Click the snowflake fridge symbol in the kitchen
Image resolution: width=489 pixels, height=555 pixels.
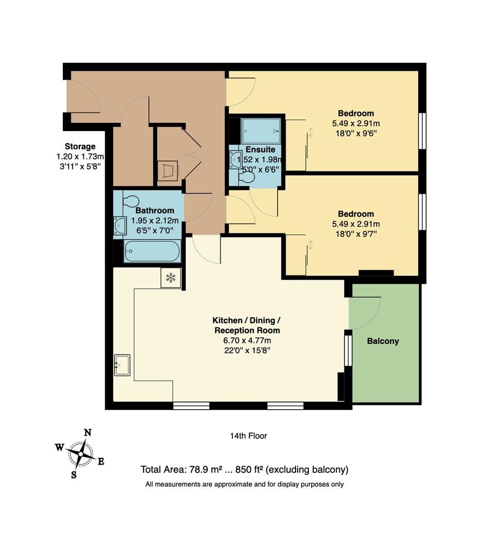tap(171, 277)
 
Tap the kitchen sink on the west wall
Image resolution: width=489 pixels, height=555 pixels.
tap(122, 365)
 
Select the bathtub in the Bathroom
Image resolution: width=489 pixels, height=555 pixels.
tap(152, 252)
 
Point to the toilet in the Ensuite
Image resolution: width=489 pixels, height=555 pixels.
tap(246, 177)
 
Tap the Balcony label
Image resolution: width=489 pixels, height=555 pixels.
tap(383, 341)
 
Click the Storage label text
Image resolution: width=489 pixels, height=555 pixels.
tap(80, 146)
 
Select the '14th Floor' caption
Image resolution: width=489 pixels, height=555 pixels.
tap(248, 436)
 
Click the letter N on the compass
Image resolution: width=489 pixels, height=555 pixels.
tap(88, 432)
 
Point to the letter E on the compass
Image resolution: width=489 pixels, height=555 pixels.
tap(101, 461)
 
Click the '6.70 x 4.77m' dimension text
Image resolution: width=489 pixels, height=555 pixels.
tap(247, 340)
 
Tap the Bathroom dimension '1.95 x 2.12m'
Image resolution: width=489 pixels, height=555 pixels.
tap(155, 220)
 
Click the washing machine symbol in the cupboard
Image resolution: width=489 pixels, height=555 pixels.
tap(168, 170)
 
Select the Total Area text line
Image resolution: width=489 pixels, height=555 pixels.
tap(244, 469)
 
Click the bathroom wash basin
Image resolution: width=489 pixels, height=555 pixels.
tap(120, 225)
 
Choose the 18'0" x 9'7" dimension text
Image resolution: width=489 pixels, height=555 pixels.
tap(355, 234)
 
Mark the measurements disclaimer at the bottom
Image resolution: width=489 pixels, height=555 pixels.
tap(244, 484)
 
